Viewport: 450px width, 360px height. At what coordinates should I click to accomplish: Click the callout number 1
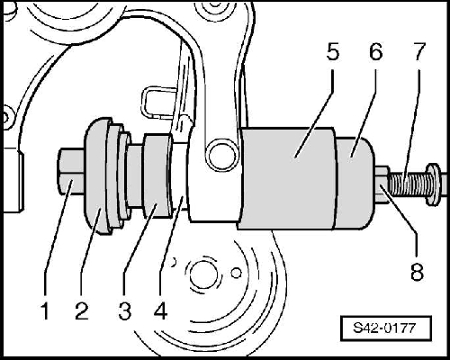45,311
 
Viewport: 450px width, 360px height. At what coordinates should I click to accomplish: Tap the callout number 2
82,311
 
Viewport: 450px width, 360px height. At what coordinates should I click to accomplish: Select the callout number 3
125,311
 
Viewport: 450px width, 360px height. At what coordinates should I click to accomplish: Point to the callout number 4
160,311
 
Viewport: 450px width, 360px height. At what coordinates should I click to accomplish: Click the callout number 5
332,53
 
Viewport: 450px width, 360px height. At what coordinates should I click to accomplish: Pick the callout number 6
376,53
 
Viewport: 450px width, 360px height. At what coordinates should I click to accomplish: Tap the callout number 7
419,53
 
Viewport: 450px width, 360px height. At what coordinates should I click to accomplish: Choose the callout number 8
417,272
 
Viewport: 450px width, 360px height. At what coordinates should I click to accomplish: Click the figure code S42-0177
384,328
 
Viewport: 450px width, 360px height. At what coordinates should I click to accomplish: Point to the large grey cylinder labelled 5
287,178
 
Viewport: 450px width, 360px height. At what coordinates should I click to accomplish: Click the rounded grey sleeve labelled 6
355,183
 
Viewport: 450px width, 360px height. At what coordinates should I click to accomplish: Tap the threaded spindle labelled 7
409,185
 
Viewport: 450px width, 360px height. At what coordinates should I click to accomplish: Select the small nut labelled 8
382,185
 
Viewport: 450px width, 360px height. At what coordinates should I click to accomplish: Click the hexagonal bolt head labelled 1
71,172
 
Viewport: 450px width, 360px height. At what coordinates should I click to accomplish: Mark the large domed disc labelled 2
96,176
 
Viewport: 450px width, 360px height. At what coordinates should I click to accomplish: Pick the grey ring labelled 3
157,176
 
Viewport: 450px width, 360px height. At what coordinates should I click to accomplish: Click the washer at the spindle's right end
433,184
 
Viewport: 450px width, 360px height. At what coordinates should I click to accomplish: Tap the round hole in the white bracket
223,156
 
